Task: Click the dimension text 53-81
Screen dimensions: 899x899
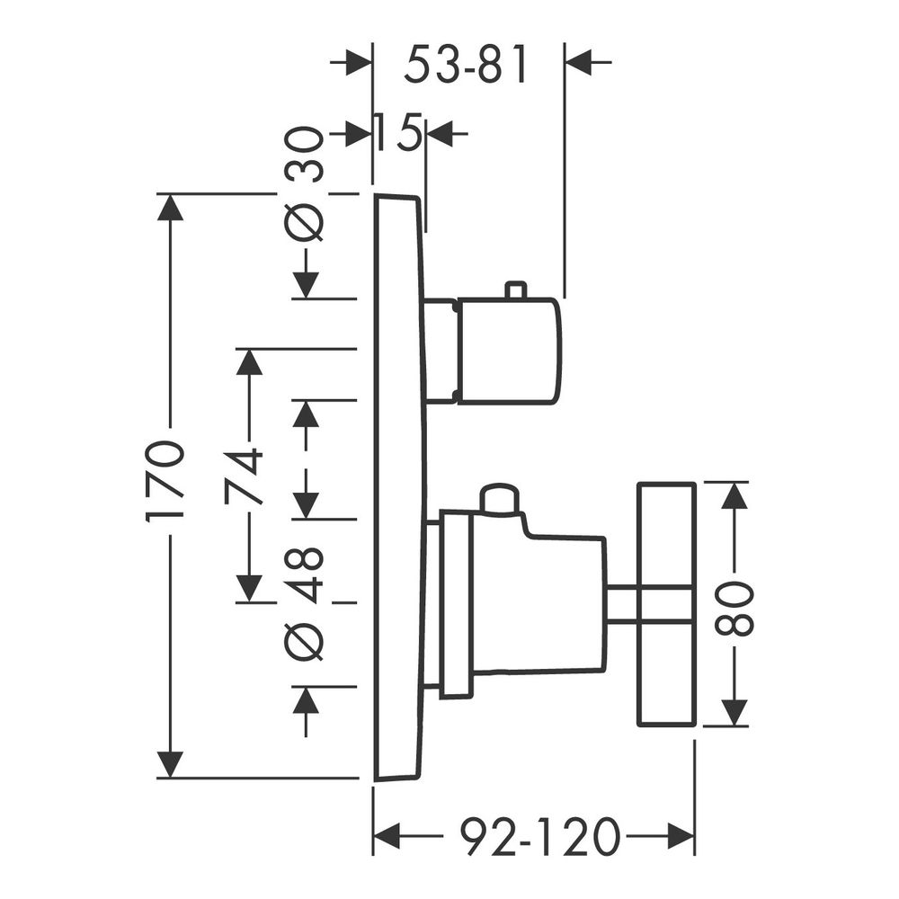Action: point(465,65)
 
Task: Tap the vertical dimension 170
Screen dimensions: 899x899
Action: point(165,479)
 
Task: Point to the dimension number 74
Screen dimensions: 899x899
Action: point(245,477)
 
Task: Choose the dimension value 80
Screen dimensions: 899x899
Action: point(734,608)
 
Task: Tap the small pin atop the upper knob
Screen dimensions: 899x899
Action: point(514,290)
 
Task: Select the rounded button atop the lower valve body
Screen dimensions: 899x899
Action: point(501,498)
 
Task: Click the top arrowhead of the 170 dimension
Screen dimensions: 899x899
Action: point(170,207)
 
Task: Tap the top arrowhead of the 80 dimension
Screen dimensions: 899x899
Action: point(734,494)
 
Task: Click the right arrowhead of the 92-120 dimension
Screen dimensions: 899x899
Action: point(681,836)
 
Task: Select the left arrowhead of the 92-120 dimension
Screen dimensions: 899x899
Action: point(387,836)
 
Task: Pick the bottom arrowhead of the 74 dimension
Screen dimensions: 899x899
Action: point(249,590)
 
